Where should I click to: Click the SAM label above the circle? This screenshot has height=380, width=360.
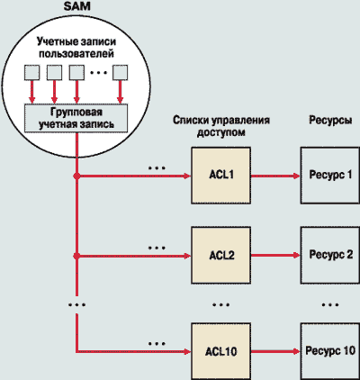[76, 6]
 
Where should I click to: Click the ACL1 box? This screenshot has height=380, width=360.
[221, 176]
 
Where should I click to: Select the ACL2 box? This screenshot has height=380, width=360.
[221, 256]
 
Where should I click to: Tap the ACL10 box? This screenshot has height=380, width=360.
[221, 351]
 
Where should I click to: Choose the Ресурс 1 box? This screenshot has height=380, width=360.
[330, 176]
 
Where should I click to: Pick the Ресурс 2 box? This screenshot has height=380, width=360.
[330, 256]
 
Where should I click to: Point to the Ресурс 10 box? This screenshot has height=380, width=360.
[330, 351]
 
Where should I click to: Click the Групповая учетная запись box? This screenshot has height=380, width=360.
[76, 118]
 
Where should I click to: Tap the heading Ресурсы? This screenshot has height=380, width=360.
[330, 121]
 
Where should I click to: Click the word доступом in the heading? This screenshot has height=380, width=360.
[221, 132]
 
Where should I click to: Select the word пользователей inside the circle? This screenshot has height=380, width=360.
[76, 54]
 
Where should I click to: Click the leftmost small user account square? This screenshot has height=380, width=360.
[31, 73]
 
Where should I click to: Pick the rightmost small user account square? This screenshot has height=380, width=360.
[120, 73]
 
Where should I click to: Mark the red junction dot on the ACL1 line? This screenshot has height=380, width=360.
[77, 176]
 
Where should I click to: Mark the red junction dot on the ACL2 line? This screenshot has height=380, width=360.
[77, 256]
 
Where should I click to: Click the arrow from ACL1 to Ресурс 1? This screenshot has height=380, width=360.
[275, 176]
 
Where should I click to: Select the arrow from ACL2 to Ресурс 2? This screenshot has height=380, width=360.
[275, 256]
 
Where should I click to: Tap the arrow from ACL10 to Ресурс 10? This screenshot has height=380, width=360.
[275, 351]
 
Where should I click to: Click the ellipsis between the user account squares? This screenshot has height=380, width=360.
[98, 72]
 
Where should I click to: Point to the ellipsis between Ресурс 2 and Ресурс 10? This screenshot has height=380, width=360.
[330, 304]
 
